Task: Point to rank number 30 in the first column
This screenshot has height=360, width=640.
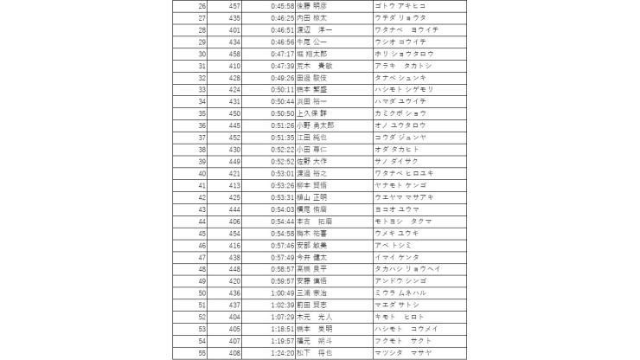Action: pos(202,53)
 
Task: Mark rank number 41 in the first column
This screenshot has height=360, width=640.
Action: pos(202,184)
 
